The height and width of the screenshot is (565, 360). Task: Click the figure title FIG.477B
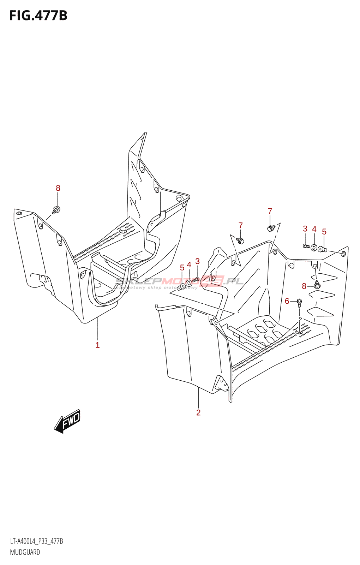tap(38, 16)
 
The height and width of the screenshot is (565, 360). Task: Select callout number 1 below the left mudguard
tap(97, 345)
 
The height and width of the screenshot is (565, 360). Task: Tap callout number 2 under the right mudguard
tap(198, 412)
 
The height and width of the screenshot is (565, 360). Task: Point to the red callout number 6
tap(287, 301)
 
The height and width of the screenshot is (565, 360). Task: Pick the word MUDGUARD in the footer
tap(25, 552)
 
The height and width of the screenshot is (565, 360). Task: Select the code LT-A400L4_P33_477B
tap(36, 541)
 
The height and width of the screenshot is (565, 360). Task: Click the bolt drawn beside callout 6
tap(299, 302)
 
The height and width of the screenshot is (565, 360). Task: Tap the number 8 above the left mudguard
tap(58, 188)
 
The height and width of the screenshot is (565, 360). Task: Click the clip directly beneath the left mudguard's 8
tap(56, 209)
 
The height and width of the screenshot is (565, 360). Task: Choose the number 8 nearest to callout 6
tap(304, 286)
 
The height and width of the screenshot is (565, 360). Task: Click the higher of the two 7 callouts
tap(270, 211)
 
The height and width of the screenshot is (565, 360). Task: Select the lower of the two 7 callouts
tap(240, 225)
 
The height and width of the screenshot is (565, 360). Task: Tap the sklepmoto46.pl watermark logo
tap(180, 282)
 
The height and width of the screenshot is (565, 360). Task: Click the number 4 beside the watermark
tap(189, 265)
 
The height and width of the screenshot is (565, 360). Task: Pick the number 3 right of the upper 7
tap(305, 229)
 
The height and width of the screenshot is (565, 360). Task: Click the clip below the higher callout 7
tap(271, 228)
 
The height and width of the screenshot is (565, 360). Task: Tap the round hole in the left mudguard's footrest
tap(123, 231)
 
